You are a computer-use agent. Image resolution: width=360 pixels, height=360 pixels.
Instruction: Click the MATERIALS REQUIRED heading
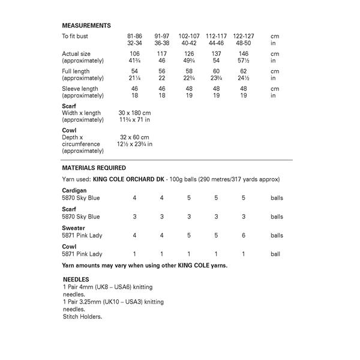click(94, 168)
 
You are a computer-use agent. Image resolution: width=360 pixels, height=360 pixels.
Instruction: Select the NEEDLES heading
click(76, 280)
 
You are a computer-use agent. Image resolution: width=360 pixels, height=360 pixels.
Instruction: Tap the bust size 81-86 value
click(134, 36)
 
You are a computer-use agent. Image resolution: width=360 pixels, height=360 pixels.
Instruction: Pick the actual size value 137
click(217, 53)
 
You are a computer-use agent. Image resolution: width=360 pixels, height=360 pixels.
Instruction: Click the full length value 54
click(134, 71)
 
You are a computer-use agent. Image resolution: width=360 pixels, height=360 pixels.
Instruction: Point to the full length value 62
click(243, 71)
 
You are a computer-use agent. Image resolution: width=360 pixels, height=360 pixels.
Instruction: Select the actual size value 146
click(243, 53)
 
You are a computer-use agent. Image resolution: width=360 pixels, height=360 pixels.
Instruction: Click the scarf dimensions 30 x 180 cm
click(134, 113)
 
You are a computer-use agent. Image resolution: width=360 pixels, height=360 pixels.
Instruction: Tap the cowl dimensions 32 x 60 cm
click(134, 137)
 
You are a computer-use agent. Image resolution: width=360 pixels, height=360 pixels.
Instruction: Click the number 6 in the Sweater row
click(243, 236)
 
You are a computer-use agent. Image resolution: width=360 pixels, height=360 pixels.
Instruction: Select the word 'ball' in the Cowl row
click(275, 254)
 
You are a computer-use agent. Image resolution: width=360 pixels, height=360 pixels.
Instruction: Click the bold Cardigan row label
click(75, 190)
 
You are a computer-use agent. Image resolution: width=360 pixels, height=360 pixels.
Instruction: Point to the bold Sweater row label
click(74, 228)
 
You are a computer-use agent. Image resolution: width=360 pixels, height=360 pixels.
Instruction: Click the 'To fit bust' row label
click(77, 36)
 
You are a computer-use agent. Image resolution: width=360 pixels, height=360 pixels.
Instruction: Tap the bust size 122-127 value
click(243, 36)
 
